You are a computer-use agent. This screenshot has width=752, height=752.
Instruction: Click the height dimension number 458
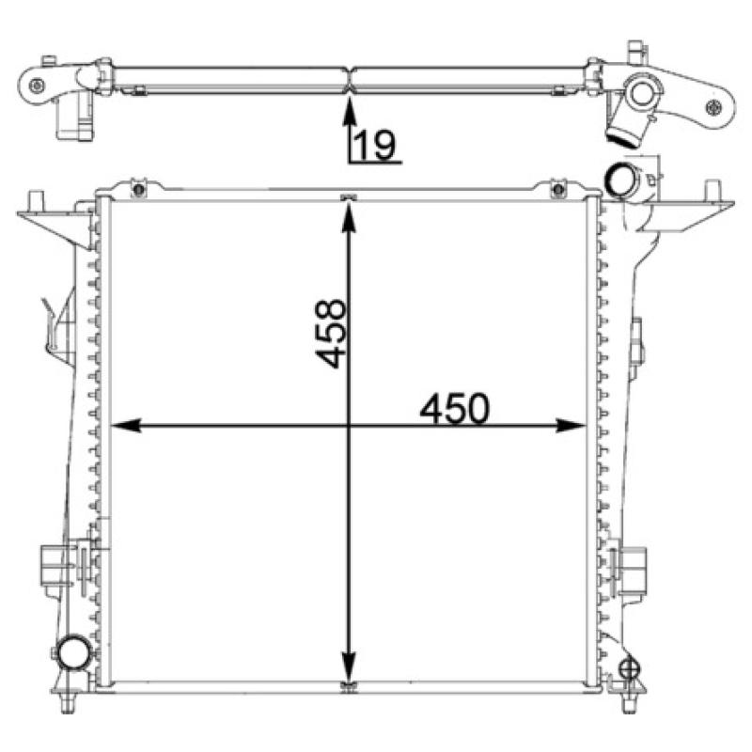coord(332,334)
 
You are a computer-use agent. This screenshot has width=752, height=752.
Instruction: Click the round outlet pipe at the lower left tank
coord(72,650)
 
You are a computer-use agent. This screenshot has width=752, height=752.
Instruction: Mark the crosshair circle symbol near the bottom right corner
coord(631,669)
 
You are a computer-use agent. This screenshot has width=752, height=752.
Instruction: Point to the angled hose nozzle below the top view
coord(622,131)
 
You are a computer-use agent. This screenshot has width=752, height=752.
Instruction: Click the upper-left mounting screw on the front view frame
coord(139,191)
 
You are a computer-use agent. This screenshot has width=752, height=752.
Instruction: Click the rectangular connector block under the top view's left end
coord(76,117)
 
